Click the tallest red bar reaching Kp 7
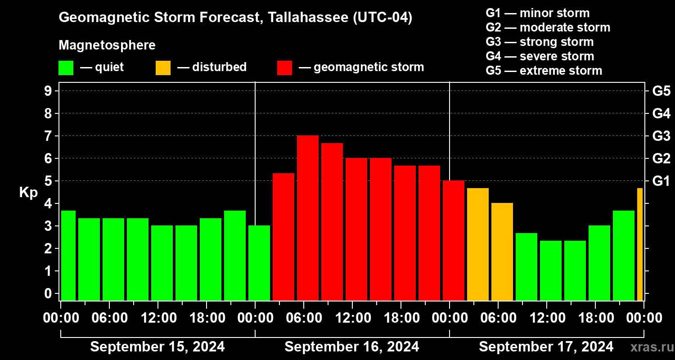coord(308,218)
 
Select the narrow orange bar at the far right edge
coord(640,244)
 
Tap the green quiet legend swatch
coord(66,68)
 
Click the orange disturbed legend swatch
coord(163,68)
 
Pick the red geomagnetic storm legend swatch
coord(284,68)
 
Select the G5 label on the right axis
coord(661,91)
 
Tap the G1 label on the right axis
coord(661,181)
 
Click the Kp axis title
coord(28,193)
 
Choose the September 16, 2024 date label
coord(352,347)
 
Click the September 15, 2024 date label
coord(157,347)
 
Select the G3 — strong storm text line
coord(540,42)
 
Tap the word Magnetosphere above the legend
coord(107,45)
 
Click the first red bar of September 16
coord(283,237)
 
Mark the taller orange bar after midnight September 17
coord(478,244)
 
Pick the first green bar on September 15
coord(68,255)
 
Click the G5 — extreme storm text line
coord(544,71)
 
